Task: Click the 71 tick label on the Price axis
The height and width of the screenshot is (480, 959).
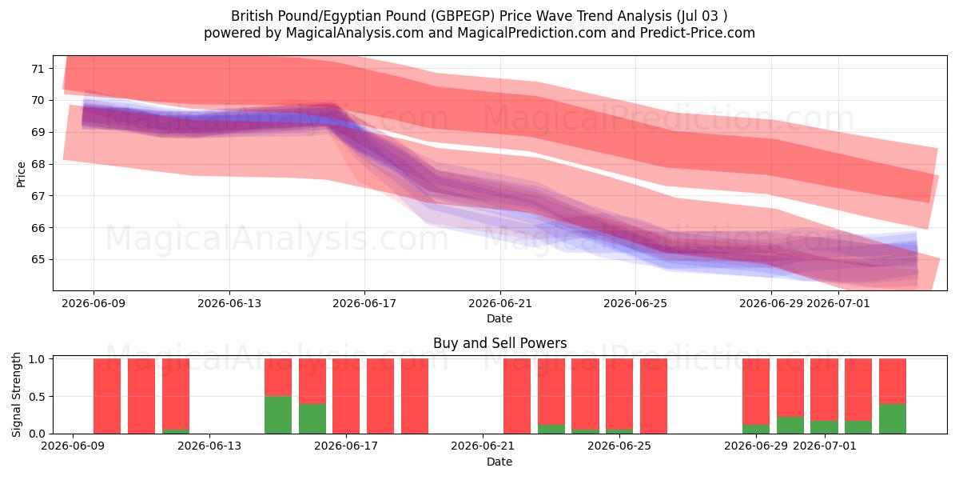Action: click(x=38, y=69)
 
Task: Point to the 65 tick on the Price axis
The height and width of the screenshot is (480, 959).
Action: click(x=38, y=260)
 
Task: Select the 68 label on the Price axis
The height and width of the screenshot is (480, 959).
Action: click(x=38, y=164)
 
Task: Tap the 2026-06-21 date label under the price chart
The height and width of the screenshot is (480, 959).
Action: click(x=500, y=303)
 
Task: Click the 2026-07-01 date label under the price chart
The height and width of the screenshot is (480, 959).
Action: click(x=838, y=303)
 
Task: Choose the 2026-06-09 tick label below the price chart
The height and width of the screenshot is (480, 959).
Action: click(x=94, y=303)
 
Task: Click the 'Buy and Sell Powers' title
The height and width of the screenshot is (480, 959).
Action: click(x=500, y=343)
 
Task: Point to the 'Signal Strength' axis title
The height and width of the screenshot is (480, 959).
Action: click(x=16, y=394)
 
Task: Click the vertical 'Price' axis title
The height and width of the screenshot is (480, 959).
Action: click(x=21, y=174)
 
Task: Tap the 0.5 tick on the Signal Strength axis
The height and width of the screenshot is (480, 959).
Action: click(x=38, y=397)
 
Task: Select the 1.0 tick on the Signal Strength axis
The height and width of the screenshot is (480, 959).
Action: click(x=38, y=359)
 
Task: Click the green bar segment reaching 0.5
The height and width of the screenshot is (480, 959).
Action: click(x=278, y=415)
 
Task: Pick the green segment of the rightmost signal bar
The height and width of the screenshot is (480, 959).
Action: click(x=893, y=418)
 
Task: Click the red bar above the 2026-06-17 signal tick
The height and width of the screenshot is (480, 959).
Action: click(x=346, y=396)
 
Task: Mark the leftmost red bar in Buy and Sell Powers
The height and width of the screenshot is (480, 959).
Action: click(x=107, y=396)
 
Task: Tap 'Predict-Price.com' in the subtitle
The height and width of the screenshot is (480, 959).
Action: click(x=698, y=33)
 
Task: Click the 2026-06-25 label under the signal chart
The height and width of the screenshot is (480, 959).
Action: click(x=619, y=446)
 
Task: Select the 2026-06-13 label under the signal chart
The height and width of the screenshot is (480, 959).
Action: click(x=209, y=446)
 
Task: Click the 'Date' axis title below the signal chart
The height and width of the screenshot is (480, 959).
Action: click(x=499, y=462)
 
